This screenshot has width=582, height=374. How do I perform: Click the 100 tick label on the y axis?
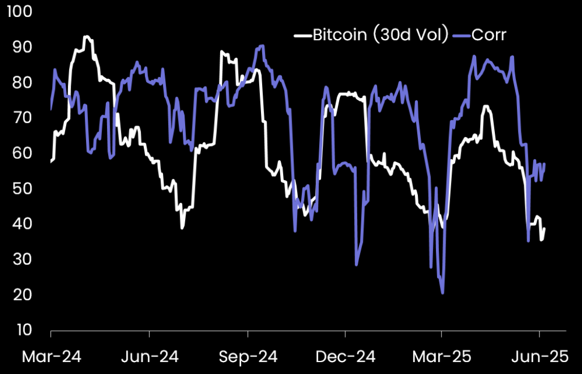pyautogui.click(x=19, y=12)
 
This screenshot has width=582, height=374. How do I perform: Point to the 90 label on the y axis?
pyautogui.click(x=21, y=48)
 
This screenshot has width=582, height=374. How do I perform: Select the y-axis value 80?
pyautogui.click(x=21, y=83)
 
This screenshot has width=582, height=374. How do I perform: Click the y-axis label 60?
pyautogui.click(x=21, y=154)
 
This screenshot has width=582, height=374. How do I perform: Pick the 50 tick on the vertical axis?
pyautogui.click(x=21, y=189)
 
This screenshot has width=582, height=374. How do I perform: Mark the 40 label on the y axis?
pyautogui.click(x=21, y=224)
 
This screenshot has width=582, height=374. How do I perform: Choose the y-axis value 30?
pyautogui.click(x=21, y=260)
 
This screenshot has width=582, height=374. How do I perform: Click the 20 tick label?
pyautogui.click(x=21, y=295)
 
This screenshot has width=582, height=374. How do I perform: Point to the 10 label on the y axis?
pyautogui.click(x=21, y=330)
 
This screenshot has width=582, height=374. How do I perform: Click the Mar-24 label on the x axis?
pyautogui.click(x=52, y=356)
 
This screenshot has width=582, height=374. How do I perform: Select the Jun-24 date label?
pyautogui.click(x=149, y=356)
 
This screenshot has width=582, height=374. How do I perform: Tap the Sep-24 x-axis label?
pyautogui.click(x=247, y=356)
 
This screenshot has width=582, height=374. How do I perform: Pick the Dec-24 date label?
pyautogui.click(x=345, y=356)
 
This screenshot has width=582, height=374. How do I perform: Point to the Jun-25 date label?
pyautogui.click(x=540, y=356)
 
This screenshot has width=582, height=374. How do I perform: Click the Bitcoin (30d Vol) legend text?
pyautogui.click(x=380, y=35)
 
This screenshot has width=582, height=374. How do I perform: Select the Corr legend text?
pyautogui.click(x=489, y=35)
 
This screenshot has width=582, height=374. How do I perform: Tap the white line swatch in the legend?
pyautogui.click(x=303, y=36)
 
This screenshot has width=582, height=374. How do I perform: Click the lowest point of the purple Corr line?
pyautogui.click(x=442, y=293)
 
